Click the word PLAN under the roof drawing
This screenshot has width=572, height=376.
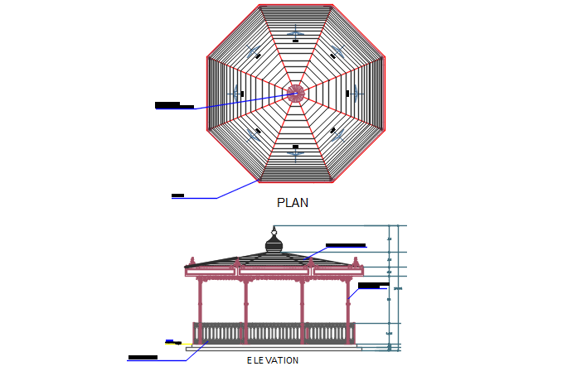tap(293, 202)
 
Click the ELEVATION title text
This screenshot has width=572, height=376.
tap(273, 361)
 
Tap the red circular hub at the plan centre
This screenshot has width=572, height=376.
tap(295, 93)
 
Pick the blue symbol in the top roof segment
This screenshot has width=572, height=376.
tap(295, 33)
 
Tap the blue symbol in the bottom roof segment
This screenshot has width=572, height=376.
tap(295, 152)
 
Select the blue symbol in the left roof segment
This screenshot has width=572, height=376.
tap(235, 93)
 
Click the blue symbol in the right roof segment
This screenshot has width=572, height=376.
tap(356, 93)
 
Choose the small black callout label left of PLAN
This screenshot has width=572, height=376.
tap(177, 195)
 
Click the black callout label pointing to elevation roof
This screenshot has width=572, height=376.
tap(346, 245)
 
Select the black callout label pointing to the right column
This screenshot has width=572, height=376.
tap(373, 286)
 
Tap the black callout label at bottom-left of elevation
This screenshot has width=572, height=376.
tap(143, 358)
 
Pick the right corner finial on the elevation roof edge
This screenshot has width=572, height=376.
tap(359, 263)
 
